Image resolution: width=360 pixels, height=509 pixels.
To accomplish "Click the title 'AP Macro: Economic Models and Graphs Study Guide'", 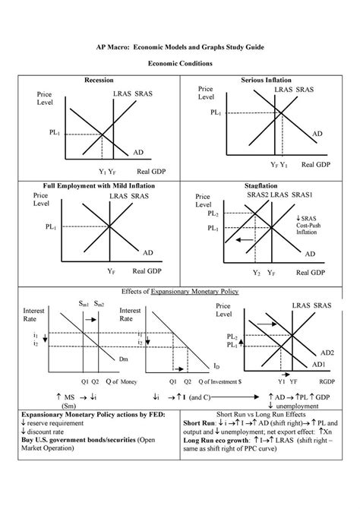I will tap(180, 47).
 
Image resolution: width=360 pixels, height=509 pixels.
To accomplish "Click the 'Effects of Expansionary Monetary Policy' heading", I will tap(179, 291).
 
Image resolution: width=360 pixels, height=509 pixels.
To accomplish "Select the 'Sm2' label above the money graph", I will tap(99, 303).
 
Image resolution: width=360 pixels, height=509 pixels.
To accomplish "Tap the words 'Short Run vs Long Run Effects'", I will tap(270, 413).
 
